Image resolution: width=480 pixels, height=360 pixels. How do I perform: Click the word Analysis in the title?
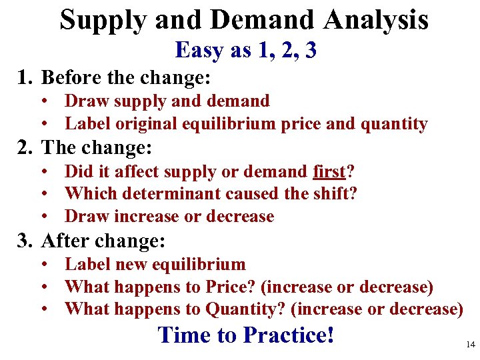tap(376, 20)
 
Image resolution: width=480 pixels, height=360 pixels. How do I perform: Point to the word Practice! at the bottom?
tap(289, 334)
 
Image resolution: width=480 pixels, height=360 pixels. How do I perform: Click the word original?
tap(144, 124)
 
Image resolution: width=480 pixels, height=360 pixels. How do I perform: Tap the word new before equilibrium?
tap(130, 265)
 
